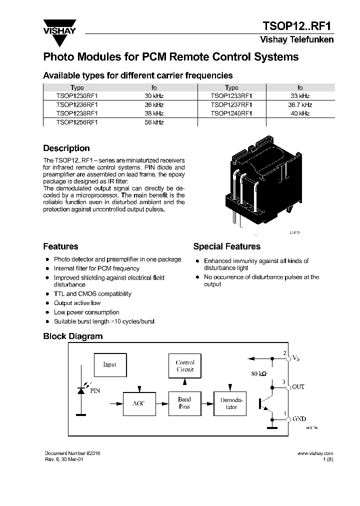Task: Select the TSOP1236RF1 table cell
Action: point(77,105)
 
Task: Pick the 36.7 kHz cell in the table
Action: point(299,105)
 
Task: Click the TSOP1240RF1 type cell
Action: point(231,113)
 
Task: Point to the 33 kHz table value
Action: point(299,96)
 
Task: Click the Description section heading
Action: point(66,148)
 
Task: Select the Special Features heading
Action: point(226,246)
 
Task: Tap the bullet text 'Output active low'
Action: point(77,303)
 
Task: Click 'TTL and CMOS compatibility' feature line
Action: point(92,294)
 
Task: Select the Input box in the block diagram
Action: point(110,364)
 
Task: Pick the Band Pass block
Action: point(184,403)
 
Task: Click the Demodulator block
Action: point(231,403)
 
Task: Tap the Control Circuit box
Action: point(185,366)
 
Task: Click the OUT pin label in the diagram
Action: point(298,387)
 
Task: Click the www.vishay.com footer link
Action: point(315,453)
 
